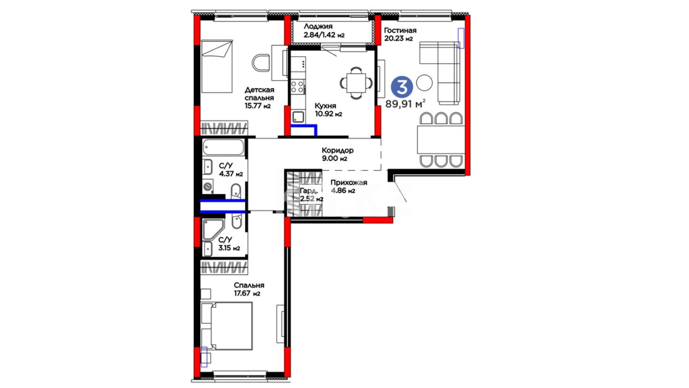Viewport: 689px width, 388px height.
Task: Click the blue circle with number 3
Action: coord(402,86)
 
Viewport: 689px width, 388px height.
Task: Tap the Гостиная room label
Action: coord(400,31)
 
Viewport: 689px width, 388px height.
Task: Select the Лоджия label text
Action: coord(318,27)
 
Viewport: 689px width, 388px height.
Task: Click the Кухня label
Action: coord(325,106)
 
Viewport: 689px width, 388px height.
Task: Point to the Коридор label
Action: coord(338,150)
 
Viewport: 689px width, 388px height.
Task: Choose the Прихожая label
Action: coord(349,183)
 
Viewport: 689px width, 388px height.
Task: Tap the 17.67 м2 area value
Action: coord(247,294)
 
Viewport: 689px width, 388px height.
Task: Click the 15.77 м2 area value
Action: coord(258,106)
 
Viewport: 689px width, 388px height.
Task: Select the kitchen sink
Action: coord(298,117)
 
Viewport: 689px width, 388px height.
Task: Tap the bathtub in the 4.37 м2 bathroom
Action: coord(223,147)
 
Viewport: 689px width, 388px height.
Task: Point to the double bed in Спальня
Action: coord(227,326)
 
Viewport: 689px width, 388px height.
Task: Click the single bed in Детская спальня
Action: coord(217,66)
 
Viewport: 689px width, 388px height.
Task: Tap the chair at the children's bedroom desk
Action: coord(261,63)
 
